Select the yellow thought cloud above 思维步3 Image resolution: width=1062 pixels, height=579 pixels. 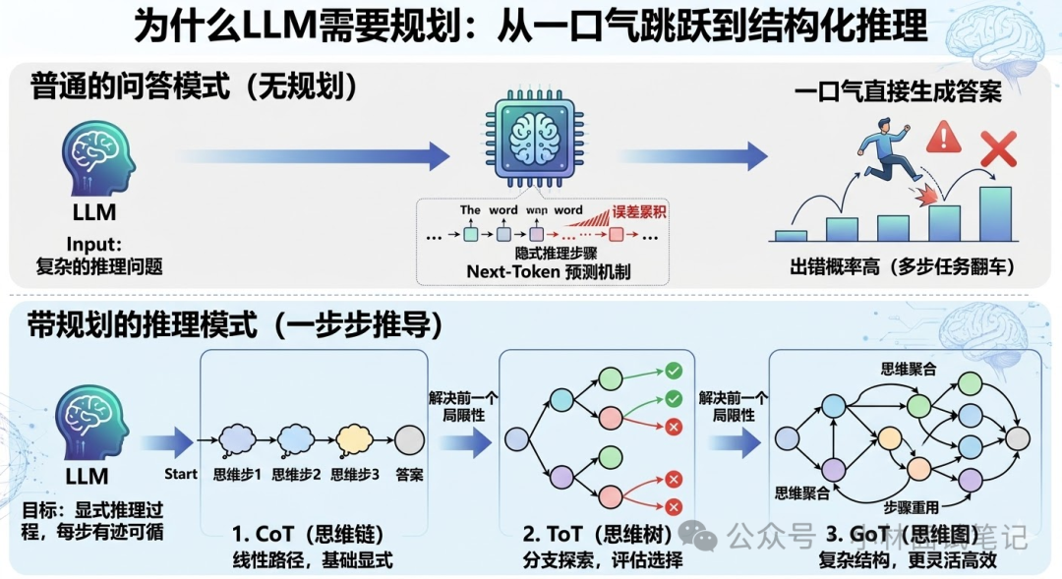tap(355, 438)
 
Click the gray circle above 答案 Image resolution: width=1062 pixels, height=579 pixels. tap(409, 438)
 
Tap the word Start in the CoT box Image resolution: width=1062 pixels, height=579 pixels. tap(181, 474)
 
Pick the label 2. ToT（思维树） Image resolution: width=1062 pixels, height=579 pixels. tap(598, 536)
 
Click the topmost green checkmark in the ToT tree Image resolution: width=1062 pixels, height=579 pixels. tap(675, 371)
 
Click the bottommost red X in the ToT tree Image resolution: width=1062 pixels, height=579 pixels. tap(675, 506)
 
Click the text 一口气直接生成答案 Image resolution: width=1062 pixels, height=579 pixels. tap(898, 93)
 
